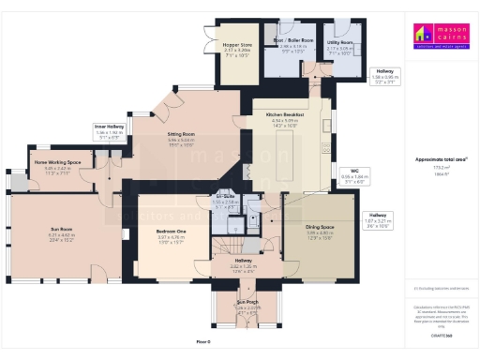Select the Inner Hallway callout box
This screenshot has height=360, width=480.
pos(109,130)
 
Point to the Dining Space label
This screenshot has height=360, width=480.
pos(319,231)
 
